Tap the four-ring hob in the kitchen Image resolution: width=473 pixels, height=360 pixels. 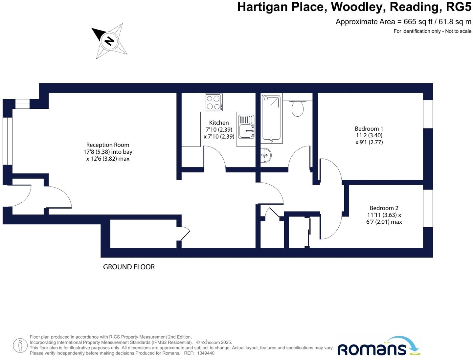[x=214, y=102]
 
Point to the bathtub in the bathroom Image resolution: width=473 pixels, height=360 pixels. [x=272, y=118]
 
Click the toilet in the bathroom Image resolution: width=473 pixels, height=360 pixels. [x=298, y=108]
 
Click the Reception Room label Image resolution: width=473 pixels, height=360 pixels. [x=108, y=145]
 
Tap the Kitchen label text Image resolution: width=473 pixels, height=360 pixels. [x=219, y=123]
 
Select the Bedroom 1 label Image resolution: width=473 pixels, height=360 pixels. [x=369, y=129]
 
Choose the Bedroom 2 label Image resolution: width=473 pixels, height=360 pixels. [x=384, y=208]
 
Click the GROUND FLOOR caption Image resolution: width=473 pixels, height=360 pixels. [x=129, y=267]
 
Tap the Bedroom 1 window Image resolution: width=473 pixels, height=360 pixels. [x=428, y=114]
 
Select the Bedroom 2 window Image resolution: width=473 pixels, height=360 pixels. [x=428, y=208]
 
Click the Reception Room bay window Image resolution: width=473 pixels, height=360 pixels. [x=8, y=141]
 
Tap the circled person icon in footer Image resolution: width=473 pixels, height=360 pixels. [x=20, y=345]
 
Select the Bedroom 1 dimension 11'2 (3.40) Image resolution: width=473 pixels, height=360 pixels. [x=369, y=135]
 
